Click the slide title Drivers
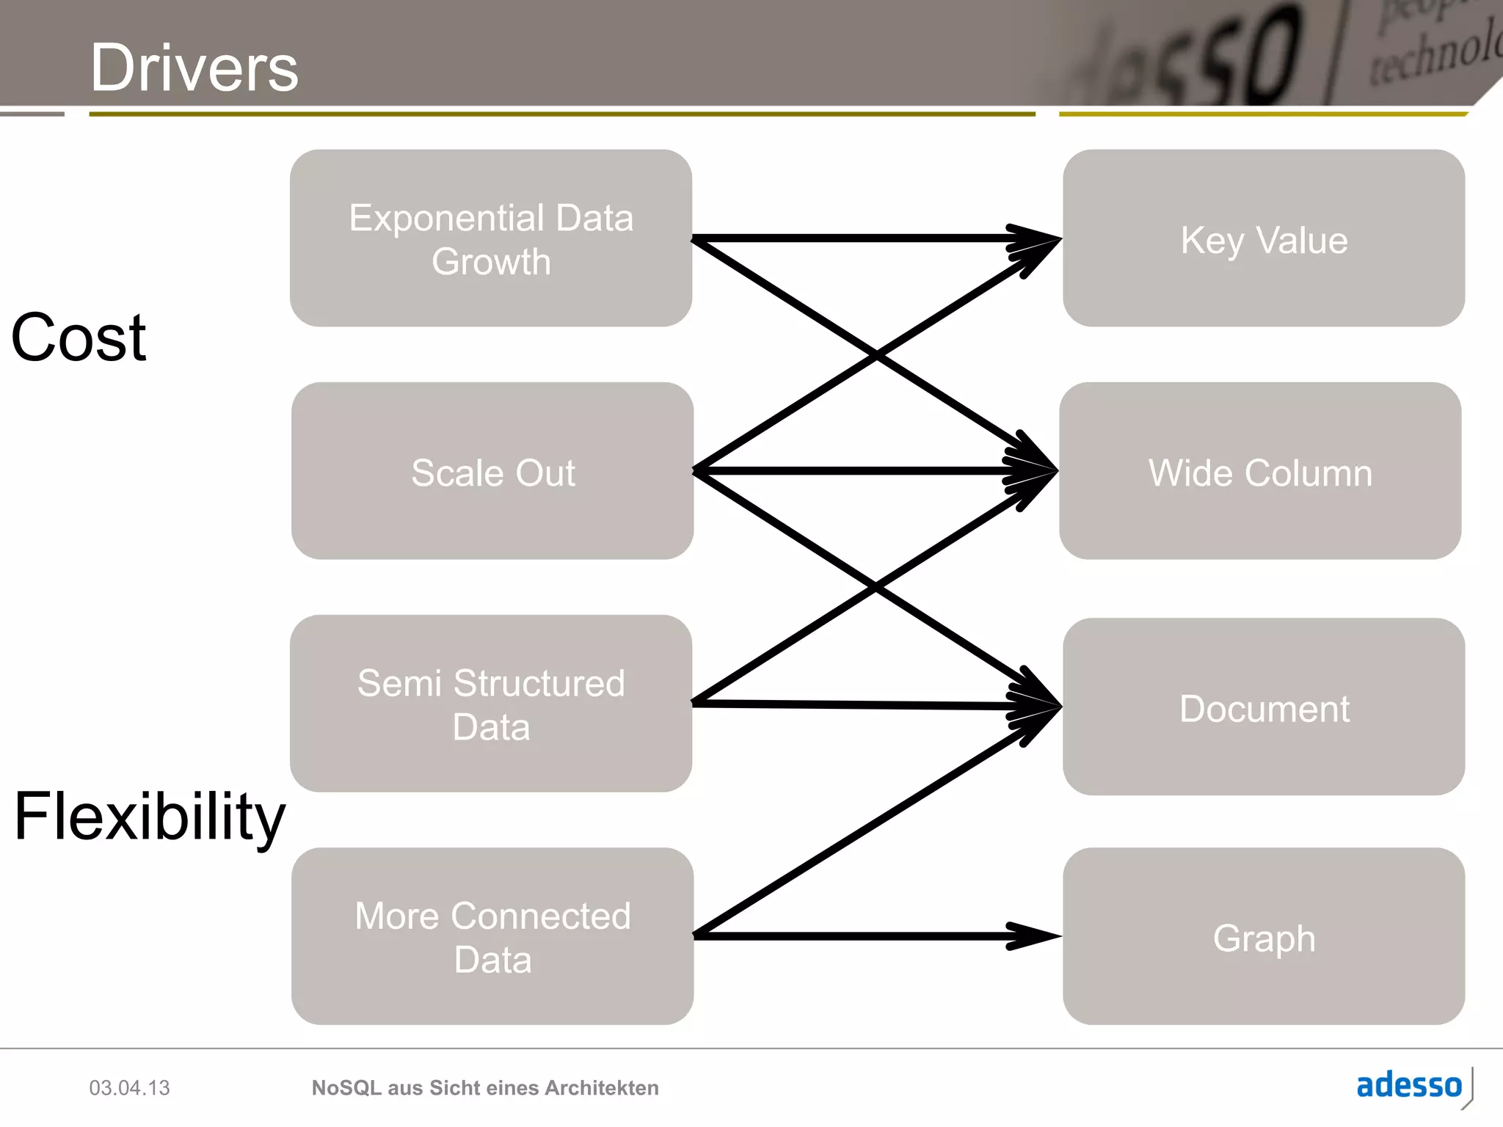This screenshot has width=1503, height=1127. point(194,68)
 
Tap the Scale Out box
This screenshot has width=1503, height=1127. point(492,471)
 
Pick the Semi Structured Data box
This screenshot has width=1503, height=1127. point(490,703)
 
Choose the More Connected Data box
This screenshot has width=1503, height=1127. point(492,935)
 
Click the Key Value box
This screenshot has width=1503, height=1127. point(1263,238)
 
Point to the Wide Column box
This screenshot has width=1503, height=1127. point(1259,471)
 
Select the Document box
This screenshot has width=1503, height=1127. point(1263,707)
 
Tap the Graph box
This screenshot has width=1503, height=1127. point(1263,936)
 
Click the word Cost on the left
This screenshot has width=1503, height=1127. point(79,338)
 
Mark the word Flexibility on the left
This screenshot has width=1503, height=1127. point(149,817)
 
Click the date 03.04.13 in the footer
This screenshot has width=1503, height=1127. point(129,1087)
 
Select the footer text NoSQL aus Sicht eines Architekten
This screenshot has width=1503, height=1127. point(484,1087)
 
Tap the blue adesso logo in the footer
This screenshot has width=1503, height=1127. point(1408,1085)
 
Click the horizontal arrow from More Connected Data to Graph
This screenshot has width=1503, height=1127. point(844,936)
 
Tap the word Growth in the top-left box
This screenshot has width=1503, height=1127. point(490,262)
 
